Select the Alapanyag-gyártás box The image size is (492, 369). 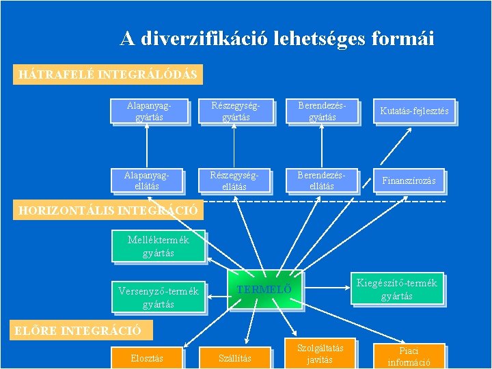click(x=148, y=111)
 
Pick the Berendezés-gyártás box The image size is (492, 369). click(x=322, y=111)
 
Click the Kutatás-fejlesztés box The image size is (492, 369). click(x=414, y=111)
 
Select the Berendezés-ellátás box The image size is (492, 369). click(x=322, y=180)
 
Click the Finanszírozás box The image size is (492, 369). click(x=409, y=180)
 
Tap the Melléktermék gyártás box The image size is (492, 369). click(x=159, y=247)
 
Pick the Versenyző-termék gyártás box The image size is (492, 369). click(x=159, y=297)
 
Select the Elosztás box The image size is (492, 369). click(x=147, y=357)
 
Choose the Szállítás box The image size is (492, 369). click(x=234, y=357)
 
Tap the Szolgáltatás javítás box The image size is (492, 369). click(x=319, y=354)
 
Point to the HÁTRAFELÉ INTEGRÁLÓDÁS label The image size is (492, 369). click(x=108, y=74)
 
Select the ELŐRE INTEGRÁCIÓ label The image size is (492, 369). click(x=79, y=331)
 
